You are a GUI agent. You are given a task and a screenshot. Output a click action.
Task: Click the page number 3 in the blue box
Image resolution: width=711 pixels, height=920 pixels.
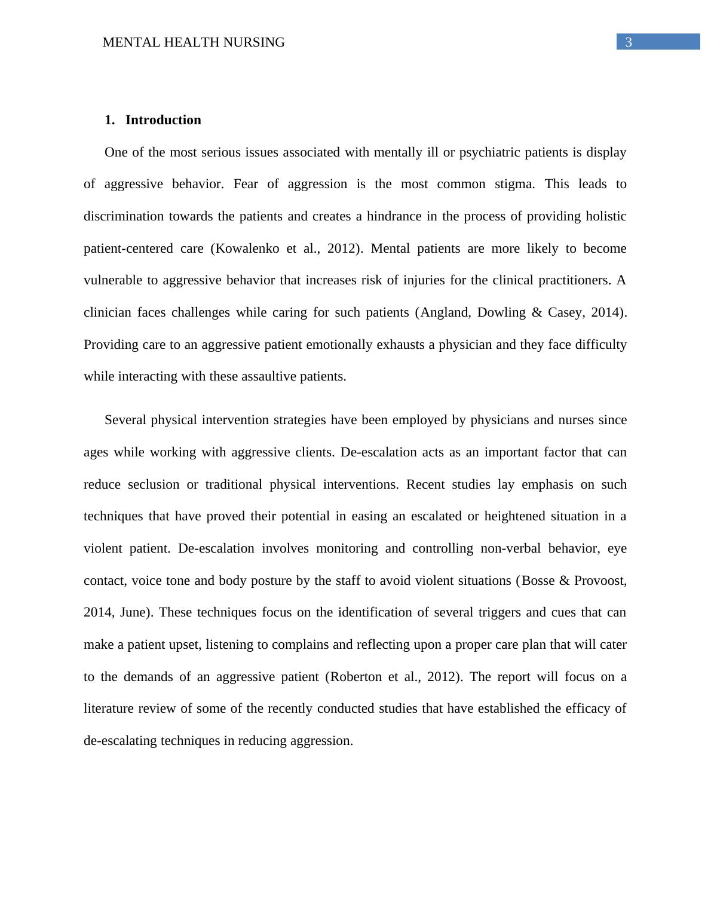click(628, 42)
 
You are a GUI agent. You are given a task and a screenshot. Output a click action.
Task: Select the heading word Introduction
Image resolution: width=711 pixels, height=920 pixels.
click(163, 120)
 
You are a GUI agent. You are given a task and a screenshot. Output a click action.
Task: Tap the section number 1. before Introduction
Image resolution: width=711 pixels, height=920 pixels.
click(109, 120)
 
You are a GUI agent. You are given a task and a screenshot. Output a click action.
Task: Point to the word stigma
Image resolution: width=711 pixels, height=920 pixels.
click(515, 184)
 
